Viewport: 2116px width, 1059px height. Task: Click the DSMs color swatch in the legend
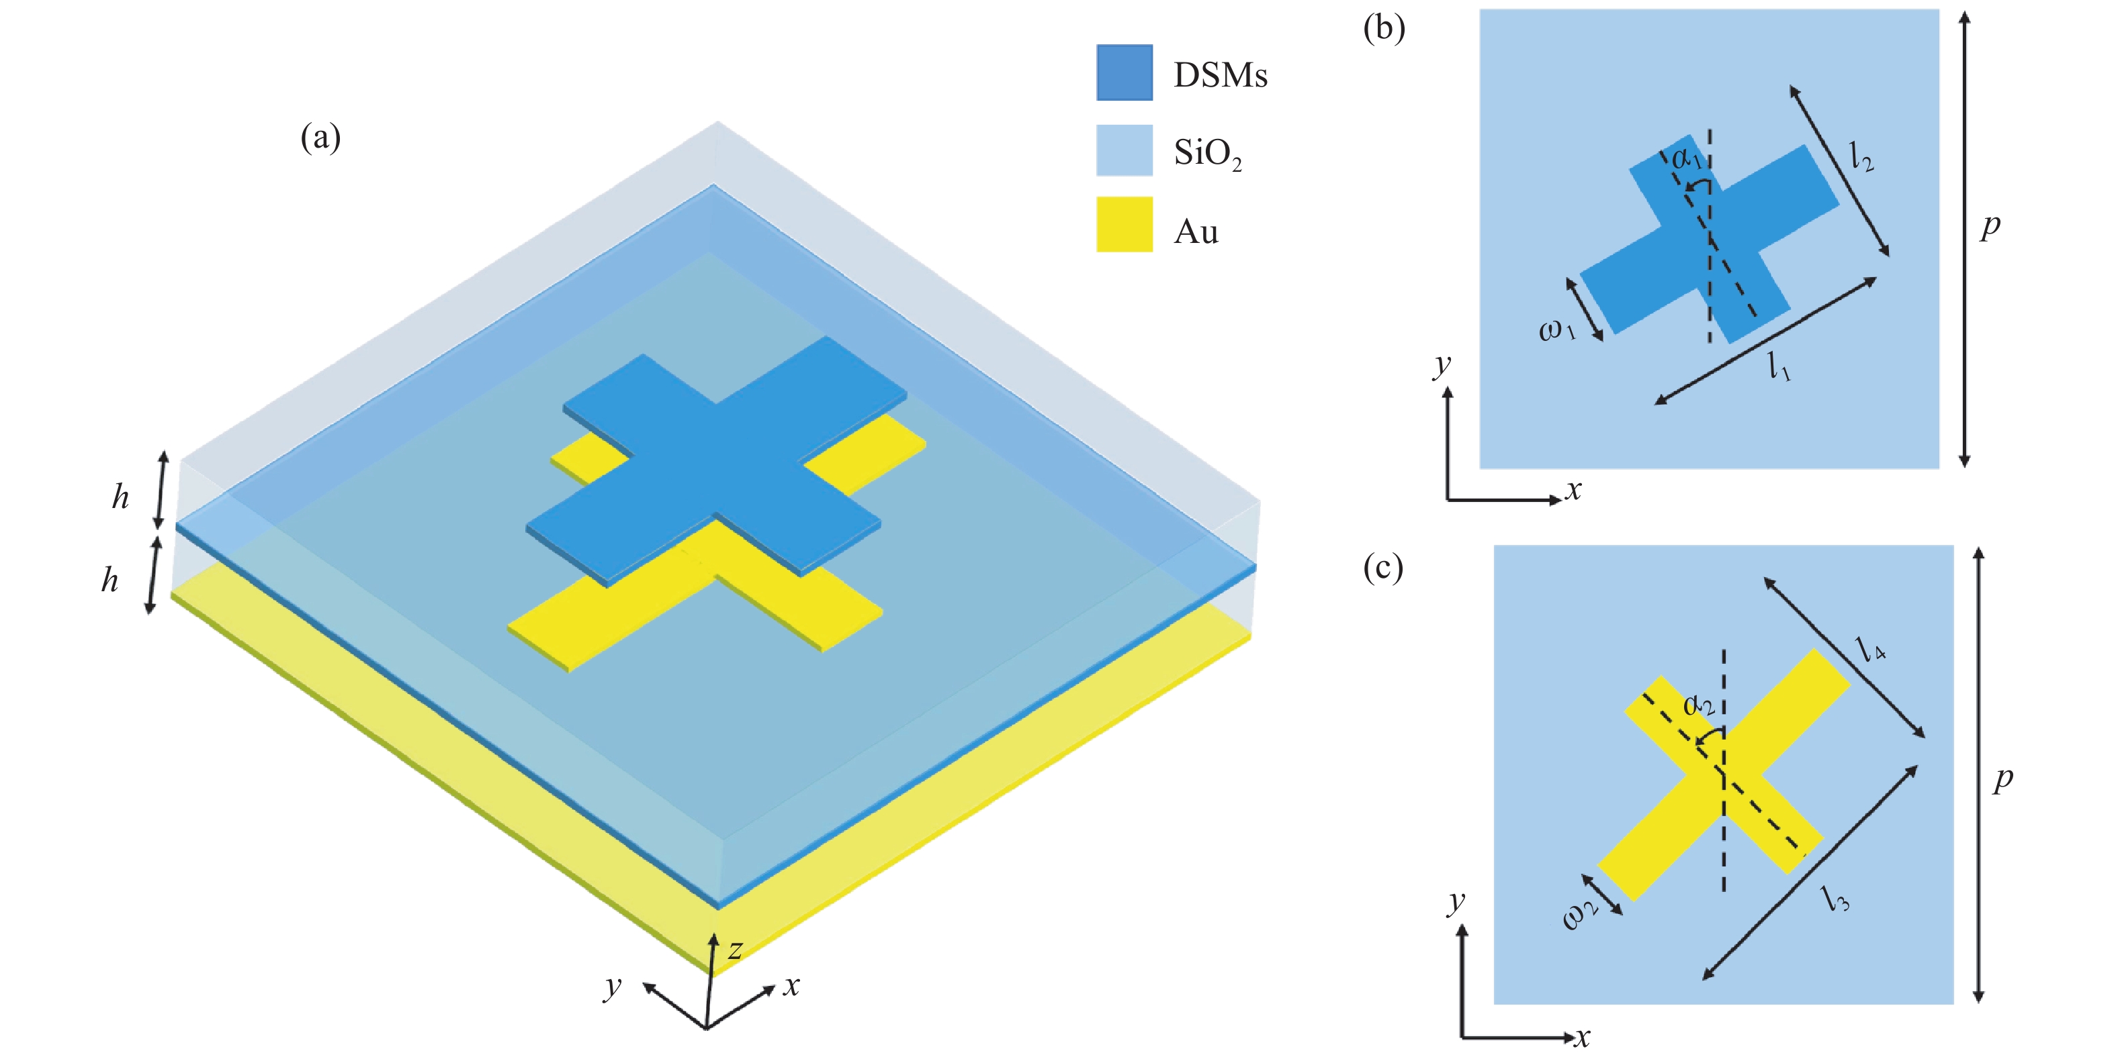(x=1124, y=72)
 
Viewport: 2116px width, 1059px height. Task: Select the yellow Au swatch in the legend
(x=1124, y=224)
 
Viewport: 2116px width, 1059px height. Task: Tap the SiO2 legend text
(x=1206, y=154)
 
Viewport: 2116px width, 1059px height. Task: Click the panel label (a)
(x=320, y=137)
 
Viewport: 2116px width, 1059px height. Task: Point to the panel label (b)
(x=1383, y=29)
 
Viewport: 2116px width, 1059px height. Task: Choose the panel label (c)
(x=1383, y=567)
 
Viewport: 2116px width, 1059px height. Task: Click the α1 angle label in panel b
(x=1686, y=158)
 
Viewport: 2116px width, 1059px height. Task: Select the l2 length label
(x=1861, y=156)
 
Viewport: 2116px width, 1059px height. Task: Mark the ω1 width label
(x=1556, y=330)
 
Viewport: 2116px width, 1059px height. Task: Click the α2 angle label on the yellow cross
(x=1699, y=705)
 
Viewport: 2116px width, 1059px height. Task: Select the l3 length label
(x=1837, y=898)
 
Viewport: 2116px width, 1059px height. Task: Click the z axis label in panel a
(x=735, y=950)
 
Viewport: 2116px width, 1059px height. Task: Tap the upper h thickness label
(x=121, y=497)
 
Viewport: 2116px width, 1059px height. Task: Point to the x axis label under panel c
(x=1582, y=1038)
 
